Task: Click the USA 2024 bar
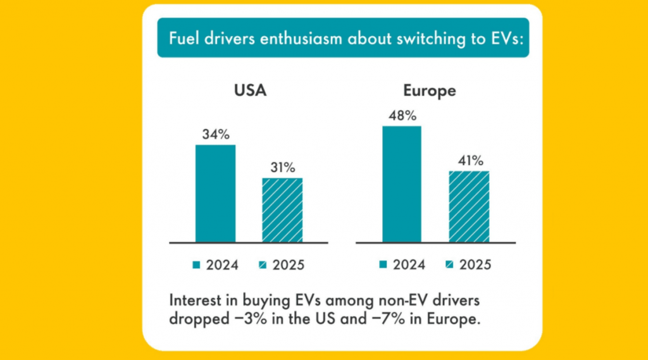click(215, 194)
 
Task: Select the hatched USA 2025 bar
click(282, 210)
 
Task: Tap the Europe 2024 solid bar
click(402, 184)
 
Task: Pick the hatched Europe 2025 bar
click(469, 206)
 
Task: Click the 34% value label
click(215, 135)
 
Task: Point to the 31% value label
click(282, 168)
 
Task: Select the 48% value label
click(402, 116)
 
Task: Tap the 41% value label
click(469, 161)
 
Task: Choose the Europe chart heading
click(430, 90)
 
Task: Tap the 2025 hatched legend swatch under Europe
click(449, 264)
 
